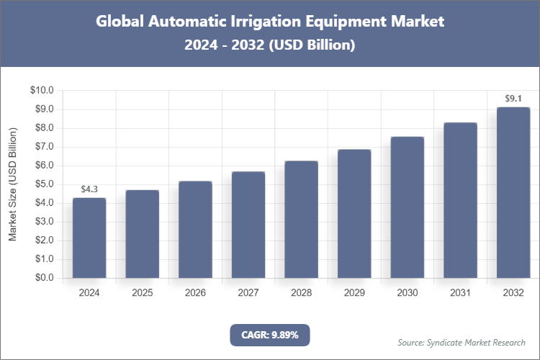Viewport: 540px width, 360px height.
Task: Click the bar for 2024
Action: [x=89, y=238]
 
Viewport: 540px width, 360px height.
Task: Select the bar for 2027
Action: [x=248, y=225]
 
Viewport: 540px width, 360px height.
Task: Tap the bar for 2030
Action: [x=408, y=207]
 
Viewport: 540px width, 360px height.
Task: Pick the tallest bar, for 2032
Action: [x=513, y=192]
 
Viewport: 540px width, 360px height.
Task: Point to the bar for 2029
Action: [x=354, y=214]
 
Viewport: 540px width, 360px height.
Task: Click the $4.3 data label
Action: [x=89, y=189]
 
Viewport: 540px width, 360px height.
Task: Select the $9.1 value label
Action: [x=513, y=99]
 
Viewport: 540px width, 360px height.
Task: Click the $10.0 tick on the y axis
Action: [x=42, y=91]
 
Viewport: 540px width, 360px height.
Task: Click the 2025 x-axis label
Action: [x=143, y=293]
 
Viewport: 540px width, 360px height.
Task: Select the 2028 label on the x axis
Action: [x=302, y=293]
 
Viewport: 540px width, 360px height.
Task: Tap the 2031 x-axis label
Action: [x=461, y=293]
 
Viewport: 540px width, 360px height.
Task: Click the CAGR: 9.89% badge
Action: [x=269, y=335]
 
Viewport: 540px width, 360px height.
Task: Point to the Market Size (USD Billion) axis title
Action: [x=12, y=184]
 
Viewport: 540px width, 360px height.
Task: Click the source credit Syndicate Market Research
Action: [x=462, y=342]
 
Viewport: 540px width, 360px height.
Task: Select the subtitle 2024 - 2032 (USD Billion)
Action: [x=269, y=45]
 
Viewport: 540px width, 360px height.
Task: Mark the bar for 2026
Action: [x=195, y=230]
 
